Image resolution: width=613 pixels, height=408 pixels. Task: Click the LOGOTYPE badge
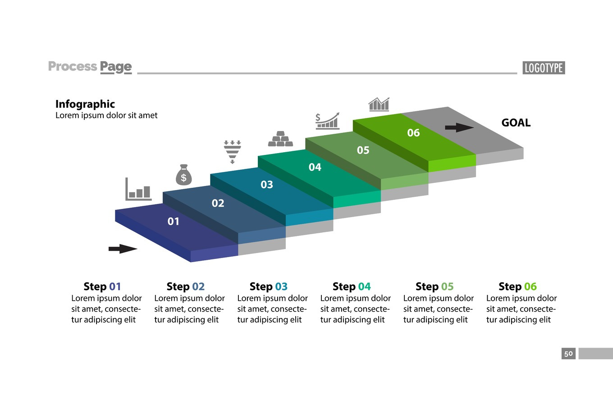point(544,68)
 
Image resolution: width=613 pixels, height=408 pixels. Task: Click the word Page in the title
point(116,67)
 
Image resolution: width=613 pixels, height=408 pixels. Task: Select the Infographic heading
point(85,104)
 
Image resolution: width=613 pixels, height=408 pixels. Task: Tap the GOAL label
point(516,122)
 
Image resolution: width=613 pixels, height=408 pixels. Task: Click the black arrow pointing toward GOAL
point(459,127)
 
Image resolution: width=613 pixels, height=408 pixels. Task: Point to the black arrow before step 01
point(123,249)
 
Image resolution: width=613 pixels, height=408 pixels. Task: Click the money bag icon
point(183,175)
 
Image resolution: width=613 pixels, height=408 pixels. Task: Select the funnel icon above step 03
point(232,152)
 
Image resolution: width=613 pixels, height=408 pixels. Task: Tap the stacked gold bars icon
point(280,139)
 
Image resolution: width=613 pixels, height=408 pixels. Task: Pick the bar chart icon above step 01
point(138,190)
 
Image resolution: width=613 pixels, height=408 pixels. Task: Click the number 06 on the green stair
point(413,133)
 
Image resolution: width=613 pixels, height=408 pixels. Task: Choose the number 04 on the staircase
point(315,168)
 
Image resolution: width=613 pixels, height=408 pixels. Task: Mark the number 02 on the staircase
point(218,204)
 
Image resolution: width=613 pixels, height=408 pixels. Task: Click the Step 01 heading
point(102,286)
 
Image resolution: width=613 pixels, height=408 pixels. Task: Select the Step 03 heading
point(268,286)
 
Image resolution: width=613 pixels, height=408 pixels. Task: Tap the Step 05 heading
point(435,286)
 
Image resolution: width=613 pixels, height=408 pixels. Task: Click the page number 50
point(568,354)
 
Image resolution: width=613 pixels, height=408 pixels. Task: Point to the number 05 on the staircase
point(363,150)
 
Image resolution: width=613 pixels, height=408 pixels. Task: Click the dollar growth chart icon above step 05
point(327,121)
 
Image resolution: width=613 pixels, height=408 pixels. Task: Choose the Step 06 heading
point(517,286)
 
